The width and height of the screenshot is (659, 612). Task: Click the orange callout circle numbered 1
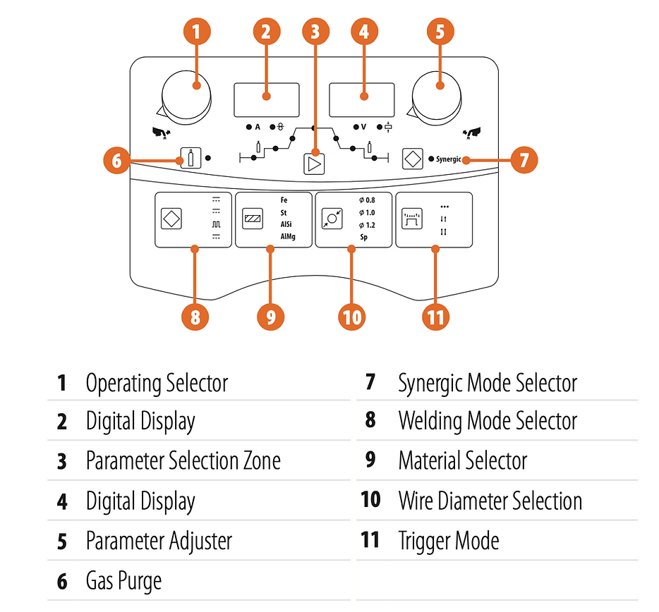click(x=196, y=32)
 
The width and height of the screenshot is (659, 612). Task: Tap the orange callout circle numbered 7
click(x=523, y=159)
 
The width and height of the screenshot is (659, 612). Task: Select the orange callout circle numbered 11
click(x=435, y=317)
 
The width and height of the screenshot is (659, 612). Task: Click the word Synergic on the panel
click(x=448, y=159)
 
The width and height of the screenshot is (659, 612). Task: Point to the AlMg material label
click(x=287, y=237)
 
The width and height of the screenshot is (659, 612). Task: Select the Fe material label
click(x=284, y=200)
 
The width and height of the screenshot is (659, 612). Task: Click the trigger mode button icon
click(x=413, y=219)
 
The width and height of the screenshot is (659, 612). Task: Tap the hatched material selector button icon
click(x=252, y=219)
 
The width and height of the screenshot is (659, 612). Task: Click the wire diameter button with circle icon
click(x=332, y=219)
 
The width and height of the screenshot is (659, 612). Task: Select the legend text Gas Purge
click(x=123, y=581)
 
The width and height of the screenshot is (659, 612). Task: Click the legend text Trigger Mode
click(x=448, y=541)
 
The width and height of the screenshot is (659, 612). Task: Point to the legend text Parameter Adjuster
click(x=159, y=541)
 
